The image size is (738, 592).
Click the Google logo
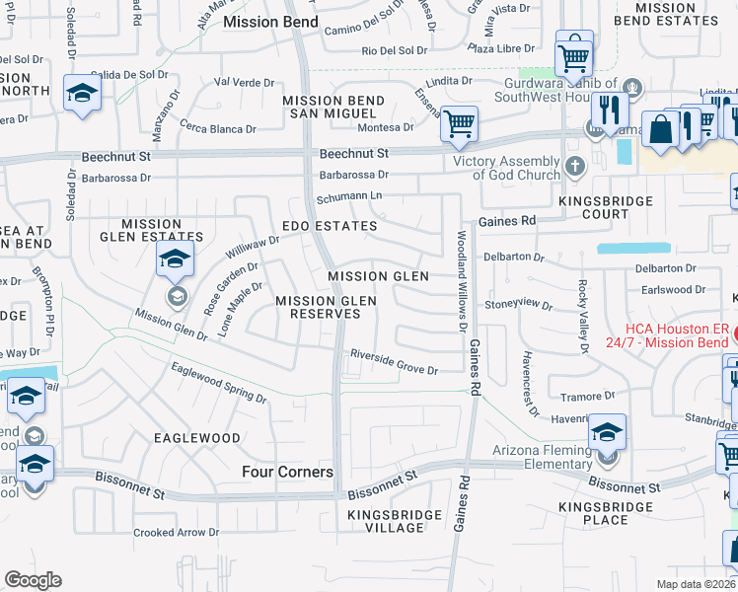pos(33,580)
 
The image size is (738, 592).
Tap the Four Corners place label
pos(287,473)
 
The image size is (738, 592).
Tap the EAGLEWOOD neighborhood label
pos(197,437)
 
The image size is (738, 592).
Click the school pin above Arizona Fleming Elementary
pos(607,432)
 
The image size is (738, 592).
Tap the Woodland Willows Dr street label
pos(460,282)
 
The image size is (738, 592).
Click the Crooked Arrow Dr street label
pos(176,532)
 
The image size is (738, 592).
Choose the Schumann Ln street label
pos(348,197)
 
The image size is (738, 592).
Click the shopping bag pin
pos(658,129)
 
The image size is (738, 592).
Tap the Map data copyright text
pos(697,583)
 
